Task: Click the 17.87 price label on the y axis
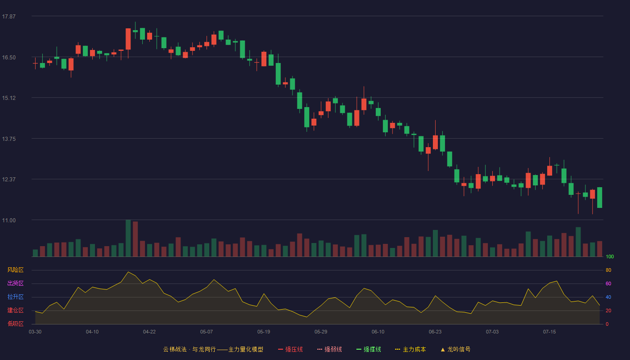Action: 9,17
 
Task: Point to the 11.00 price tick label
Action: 9,220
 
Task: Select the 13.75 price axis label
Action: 9,139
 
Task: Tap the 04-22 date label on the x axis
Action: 149,332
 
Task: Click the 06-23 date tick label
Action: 435,332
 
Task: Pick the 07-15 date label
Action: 549,332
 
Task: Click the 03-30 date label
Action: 35,332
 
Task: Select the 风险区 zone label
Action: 15,270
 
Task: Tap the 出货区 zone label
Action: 15,283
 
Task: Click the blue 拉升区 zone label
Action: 15,297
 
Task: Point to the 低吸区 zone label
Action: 15,324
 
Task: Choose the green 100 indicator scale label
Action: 610,256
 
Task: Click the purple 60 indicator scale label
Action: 608,283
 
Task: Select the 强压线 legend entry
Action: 290,349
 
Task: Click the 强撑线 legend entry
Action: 369,349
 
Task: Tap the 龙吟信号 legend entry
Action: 455,349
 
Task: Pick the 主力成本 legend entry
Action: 410,349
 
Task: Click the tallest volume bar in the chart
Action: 128,238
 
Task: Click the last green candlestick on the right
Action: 599,198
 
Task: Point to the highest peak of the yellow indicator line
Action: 128,272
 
